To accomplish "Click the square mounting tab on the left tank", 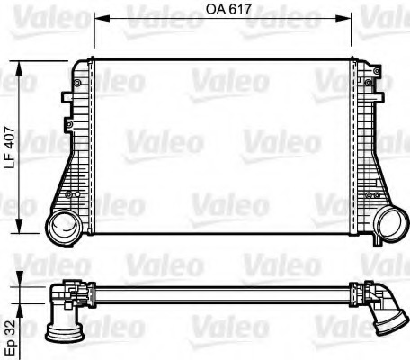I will [x=67, y=97].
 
